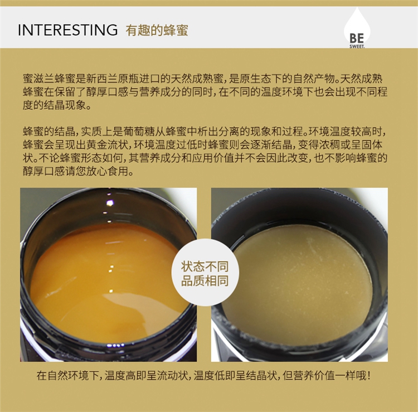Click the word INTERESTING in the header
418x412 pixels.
click(67, 30)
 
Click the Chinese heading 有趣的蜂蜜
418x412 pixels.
click(157, 30)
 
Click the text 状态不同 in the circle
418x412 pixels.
click(205, 266)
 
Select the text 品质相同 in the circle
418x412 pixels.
click(205, 281)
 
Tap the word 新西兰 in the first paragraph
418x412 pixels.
click(102, 79)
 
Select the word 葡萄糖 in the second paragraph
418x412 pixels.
click(139, 132)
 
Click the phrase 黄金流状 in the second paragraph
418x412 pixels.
click(107, 145)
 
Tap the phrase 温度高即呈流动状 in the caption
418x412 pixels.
click(146, 375)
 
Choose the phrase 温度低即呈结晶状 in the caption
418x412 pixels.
click(235, 375)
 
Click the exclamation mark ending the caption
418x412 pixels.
click(369, 375)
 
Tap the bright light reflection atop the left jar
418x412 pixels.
click(110, 203)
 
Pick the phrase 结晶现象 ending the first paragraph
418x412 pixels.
click(65, 105)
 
